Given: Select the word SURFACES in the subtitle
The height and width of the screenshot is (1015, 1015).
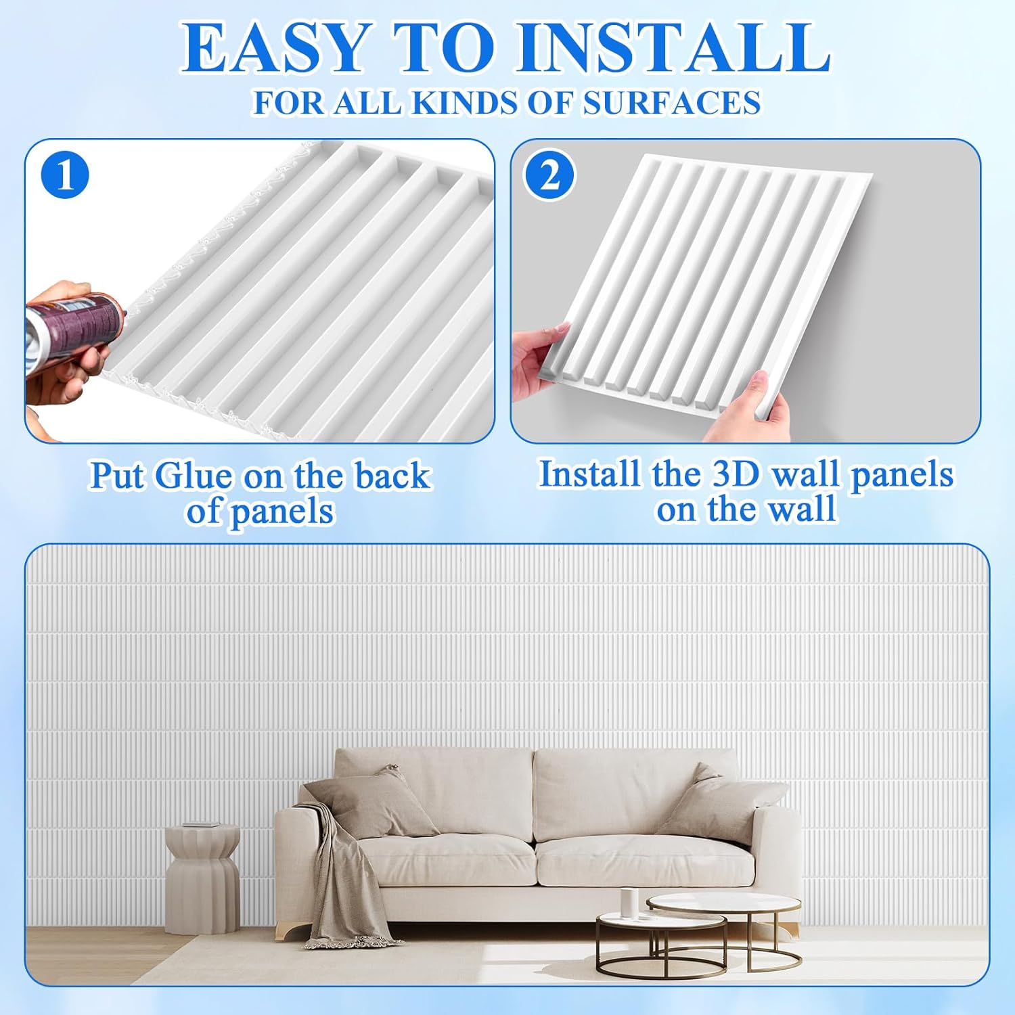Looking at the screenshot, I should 671,103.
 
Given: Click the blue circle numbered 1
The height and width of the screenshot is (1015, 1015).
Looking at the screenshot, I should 65,175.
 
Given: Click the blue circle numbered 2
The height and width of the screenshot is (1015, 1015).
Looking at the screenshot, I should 549,175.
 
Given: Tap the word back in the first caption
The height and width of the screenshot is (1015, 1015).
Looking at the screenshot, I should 392,476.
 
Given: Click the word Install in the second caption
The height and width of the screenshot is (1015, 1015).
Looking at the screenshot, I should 589,474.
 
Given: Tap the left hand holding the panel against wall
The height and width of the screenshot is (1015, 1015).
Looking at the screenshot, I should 538,359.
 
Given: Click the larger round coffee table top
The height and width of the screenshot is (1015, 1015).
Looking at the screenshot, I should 724,903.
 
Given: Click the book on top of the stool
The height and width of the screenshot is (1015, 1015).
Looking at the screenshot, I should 202,825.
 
